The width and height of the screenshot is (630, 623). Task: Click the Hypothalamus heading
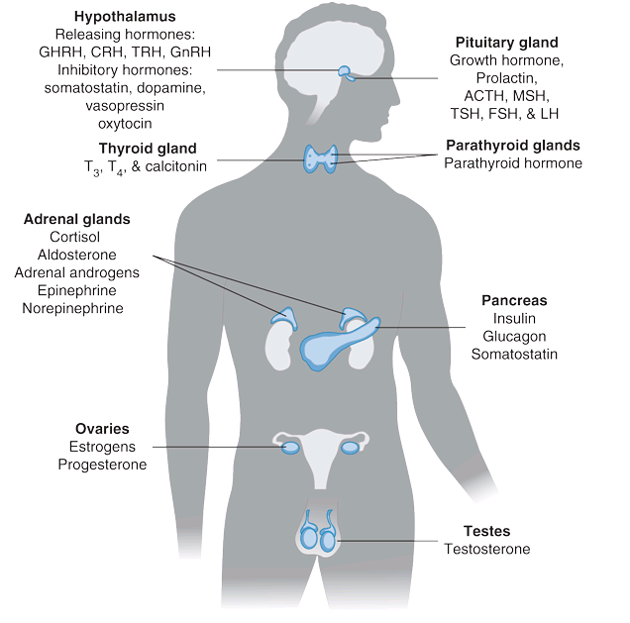click(125, 16)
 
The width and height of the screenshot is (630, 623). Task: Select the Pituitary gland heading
click(506, 43)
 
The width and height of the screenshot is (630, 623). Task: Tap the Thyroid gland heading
click(148, 149)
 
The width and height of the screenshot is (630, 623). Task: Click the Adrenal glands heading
click(77, 219)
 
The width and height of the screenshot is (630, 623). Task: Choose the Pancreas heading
click(514, 300)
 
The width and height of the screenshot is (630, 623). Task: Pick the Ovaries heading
click(102, 429)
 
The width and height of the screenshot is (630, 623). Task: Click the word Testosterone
click(486, 549)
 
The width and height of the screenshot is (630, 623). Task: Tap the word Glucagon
click(514, 336)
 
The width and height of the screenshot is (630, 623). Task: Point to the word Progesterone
click(102, 465)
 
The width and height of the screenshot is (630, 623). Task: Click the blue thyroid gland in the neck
click(321, 156)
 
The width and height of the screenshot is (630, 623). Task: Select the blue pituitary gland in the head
click(345, 72)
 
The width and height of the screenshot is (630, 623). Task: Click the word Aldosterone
click(77, 255)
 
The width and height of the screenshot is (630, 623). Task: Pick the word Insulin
click(514, 318)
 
